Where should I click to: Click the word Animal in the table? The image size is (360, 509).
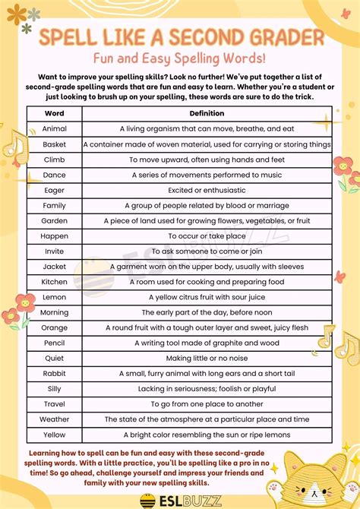(55, 129)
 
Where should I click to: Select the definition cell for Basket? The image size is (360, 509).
(207, 144)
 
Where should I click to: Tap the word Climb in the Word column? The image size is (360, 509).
(55, 160)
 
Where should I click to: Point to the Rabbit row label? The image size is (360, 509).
(55, 373)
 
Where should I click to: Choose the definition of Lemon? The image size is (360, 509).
(207, 297)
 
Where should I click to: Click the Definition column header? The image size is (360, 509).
(207, 114)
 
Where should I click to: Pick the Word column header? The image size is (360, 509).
(55, 114)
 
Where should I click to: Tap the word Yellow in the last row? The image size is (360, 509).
(55, 435)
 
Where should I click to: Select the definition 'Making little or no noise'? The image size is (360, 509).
(207, 358)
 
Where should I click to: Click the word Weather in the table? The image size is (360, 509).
(55, 419)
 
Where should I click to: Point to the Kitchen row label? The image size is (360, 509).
(55, 282)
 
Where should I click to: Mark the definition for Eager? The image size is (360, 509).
(207, 190)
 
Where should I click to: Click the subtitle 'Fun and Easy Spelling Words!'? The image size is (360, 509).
(180, 58)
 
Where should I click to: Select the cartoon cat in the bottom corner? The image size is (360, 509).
(319, 475)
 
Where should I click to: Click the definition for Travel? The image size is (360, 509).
(207, 404)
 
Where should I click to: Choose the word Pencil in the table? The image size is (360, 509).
(55, 343)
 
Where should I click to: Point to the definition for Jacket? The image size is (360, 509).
(207, 267)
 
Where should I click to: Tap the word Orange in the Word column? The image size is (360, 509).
(55, 327)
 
